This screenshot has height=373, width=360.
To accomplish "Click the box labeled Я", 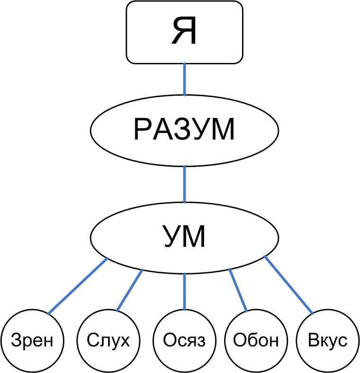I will pyautogui.click(x=184, y=32).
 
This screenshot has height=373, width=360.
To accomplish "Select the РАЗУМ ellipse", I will pyautogui.click(x=184, y=130).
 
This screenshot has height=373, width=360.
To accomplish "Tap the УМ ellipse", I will pyautogui.click(x=184, y=237).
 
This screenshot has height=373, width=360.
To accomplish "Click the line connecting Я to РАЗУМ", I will pyautogui.click(x=184, y=80).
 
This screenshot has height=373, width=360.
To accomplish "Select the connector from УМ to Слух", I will pyautogui.click(x=130, y=290).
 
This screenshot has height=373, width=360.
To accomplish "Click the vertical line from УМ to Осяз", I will pyautogui.click(x=184, y=291).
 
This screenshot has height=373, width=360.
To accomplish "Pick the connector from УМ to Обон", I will pyautogui.click(x=238, y=290).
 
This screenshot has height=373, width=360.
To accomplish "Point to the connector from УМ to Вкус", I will pyautogui.click(x=288, y=285).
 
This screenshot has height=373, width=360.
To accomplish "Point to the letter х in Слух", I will pyautogui.click(x=123, y=341).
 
